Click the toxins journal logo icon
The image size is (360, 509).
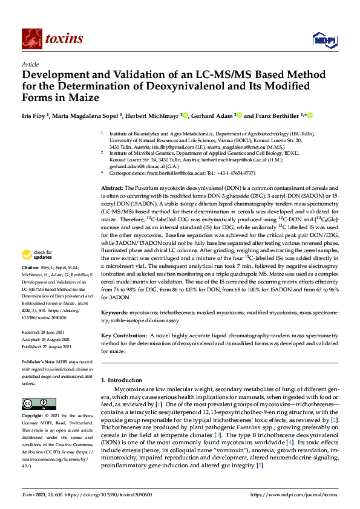click(31, 39)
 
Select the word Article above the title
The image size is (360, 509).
click(30, 63)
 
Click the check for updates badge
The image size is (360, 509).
click(38, 271)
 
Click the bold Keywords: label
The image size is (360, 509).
click(114, 313)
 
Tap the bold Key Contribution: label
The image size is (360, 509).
click(123, 335)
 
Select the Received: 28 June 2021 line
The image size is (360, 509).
click(47, 332)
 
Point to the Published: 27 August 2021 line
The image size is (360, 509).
click(48, 347)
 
